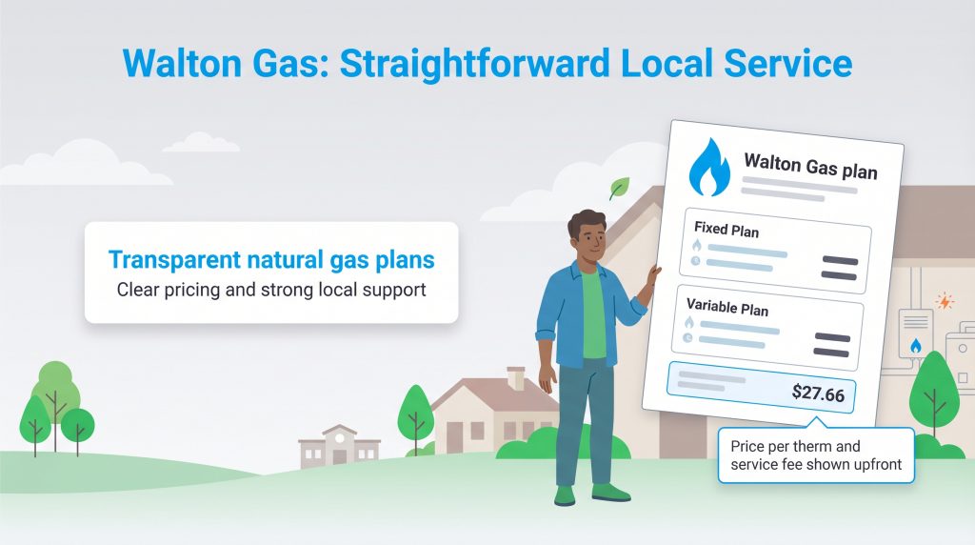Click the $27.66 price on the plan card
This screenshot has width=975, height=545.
[x=818, y=393]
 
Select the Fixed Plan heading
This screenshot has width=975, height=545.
[x=726, y=229]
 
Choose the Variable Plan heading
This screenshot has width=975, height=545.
[x=727, y=309]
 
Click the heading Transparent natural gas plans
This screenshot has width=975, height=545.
[x=271, y=258]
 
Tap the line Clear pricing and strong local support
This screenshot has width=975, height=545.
[x=271, y=289]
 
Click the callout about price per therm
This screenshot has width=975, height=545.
[x=815, y=455]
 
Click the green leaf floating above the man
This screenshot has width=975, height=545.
[x=620, y=187]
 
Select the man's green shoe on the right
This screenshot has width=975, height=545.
[x=610, y=492]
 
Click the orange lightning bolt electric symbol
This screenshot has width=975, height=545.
[x=944, y=301]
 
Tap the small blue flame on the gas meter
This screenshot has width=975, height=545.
[x=915, y=346]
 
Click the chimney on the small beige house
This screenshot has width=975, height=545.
[x=516, y=377]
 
